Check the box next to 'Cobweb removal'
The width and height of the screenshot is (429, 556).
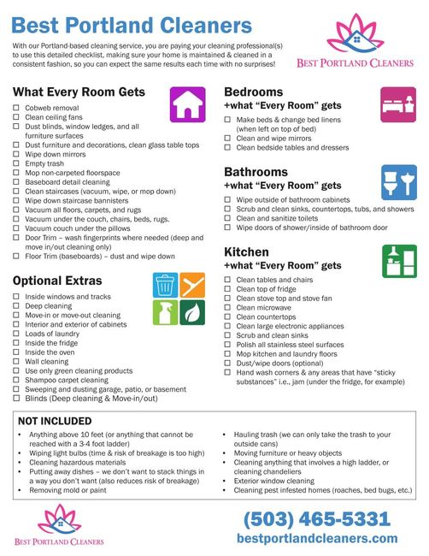(x=16, y=107)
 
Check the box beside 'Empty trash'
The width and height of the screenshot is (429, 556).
(x=16, y=163)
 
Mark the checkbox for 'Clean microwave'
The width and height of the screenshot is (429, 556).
(x=228, y=308)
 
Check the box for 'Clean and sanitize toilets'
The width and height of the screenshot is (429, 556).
(x=228, y=218)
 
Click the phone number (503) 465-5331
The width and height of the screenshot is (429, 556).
(x=318, y=519)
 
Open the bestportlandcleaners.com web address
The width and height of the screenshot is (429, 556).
(x=318, y=538)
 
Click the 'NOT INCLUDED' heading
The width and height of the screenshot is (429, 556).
(x=55, y=421)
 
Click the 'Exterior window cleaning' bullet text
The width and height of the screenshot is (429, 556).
(x=280, y=479)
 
